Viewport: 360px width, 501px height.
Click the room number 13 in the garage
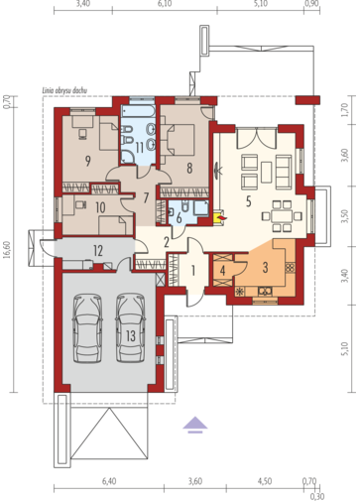coord(131,336)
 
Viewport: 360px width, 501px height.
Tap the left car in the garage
coord(87,328)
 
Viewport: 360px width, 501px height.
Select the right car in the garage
coord(131,328)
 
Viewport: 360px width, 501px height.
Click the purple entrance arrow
coord(195,425)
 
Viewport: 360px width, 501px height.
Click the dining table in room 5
coord(282,216)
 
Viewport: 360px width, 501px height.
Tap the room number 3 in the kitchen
coord(265,268)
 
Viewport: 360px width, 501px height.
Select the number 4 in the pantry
coord(222,271)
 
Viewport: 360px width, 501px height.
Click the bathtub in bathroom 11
coord(138,111)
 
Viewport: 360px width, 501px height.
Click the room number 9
coord(87,161)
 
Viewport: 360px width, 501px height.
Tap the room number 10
coord(100,207)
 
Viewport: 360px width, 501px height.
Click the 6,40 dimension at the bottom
coord(109,481)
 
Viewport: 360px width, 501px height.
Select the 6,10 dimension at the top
coord(165,4)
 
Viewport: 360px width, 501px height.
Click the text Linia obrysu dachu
coord(64,90)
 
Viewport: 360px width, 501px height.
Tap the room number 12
coord(98,251)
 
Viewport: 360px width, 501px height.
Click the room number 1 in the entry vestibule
coord(193,271)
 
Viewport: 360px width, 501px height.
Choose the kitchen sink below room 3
coord(265,292)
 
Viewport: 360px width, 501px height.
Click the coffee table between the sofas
coord(266,172)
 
